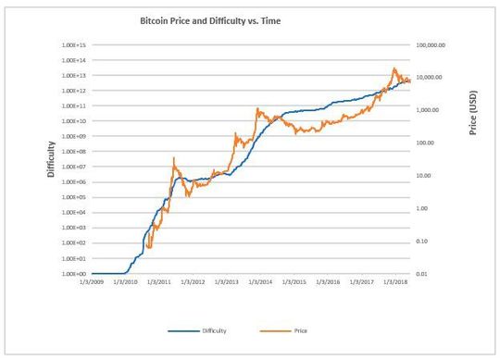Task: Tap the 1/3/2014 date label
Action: pos(260,283)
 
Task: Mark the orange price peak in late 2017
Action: pos(394,68)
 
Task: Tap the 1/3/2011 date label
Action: pos(158,283)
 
